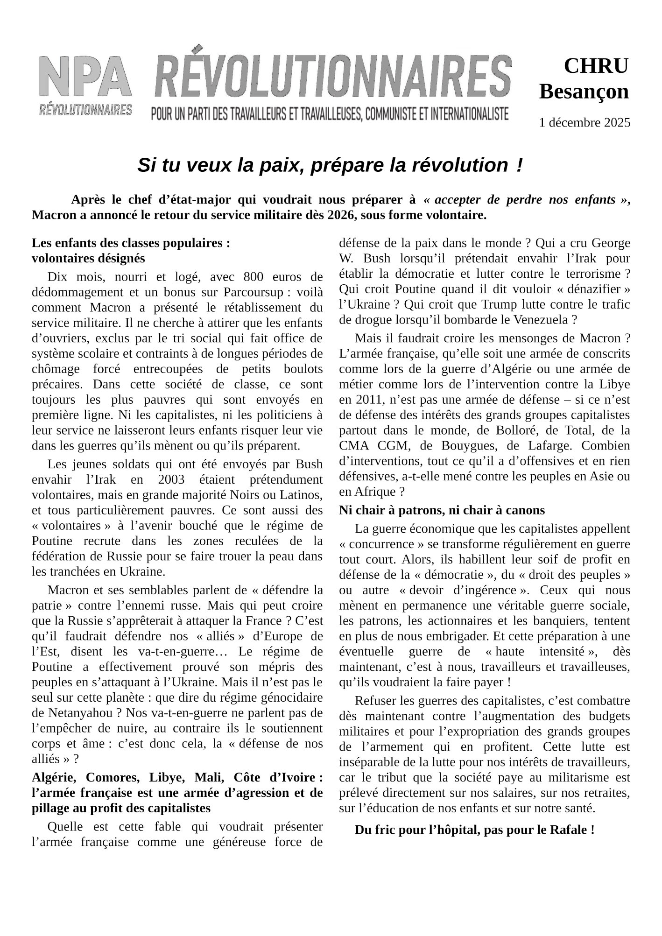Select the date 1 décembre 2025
tap(584, 123)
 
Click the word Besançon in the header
tap(584, 91)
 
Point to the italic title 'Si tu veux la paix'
tap(330, 165)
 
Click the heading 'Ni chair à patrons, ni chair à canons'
tap(442, 510)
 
